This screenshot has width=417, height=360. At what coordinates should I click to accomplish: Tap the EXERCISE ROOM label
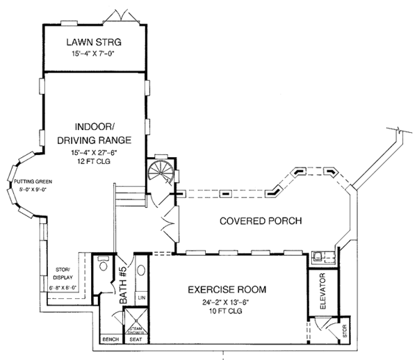coord(229,290)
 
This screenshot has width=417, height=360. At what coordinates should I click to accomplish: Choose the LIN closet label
coord(141,297)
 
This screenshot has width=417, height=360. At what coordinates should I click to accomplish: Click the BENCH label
coord(109,340)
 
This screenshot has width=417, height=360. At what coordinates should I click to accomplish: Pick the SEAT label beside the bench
coord(136,340)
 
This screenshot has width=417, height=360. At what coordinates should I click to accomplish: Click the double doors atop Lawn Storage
coord(113,17)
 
